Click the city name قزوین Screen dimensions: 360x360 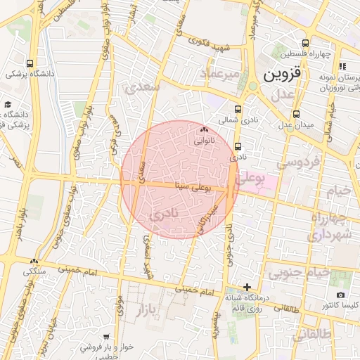point(282,73)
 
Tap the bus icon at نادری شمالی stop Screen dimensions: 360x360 point(238,109)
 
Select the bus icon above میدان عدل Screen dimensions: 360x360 point(297,113)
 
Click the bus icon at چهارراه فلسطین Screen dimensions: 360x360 point(295,43)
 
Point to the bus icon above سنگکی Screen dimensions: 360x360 point(34,260)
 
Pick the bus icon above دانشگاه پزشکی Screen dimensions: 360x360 point(29,63)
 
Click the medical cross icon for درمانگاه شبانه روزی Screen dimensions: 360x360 point(246,287)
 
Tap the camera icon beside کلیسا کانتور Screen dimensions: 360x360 point(341,295)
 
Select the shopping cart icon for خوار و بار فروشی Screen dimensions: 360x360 point(105,337)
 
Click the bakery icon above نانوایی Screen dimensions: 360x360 point(205,130)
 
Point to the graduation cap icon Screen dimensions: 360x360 point(8,104)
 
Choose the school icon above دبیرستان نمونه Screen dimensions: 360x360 point(342,67)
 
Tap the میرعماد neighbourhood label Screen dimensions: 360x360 point(220,74)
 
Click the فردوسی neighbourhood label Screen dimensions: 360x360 point(297,163)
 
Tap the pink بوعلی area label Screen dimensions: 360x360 point(251,179)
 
